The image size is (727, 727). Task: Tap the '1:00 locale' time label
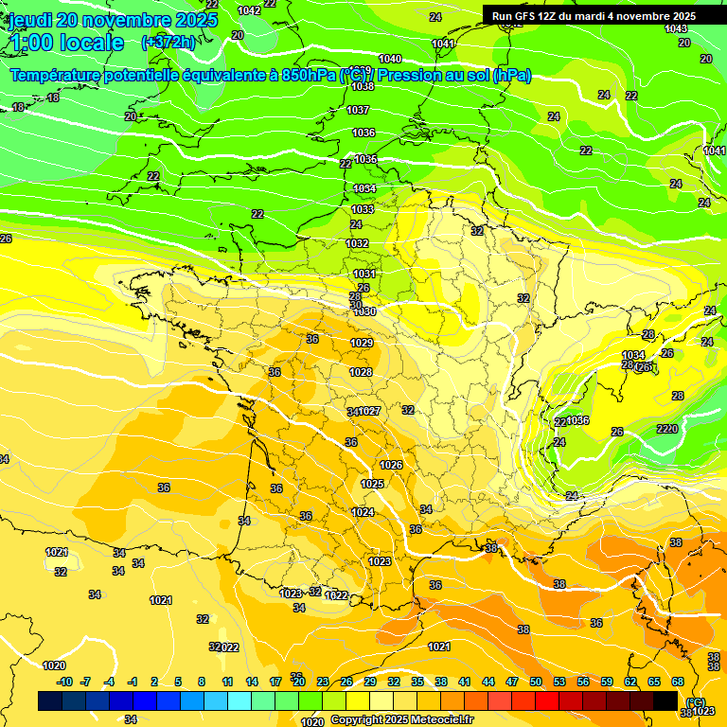[x=67, y=43]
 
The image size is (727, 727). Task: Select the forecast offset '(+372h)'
[x=168, y=42]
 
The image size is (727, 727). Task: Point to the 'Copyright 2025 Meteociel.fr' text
[x=401, y=720]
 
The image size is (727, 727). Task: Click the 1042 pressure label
[x=249, y=10]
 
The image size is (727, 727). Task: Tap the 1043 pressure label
[x=676, y=28]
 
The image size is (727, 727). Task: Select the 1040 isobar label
[x=390, y=59]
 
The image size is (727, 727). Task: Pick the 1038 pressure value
[x=362, y=86]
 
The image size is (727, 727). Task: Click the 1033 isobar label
[x=363, y=209]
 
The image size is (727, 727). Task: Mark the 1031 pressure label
[x=364, y=274]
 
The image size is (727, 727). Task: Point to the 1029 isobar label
[x=362, y=343]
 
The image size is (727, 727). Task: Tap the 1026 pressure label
[x=391, y=465]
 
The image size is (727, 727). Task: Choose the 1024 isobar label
[x=363, y=512]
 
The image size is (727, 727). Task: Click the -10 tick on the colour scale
[x=64, y=682]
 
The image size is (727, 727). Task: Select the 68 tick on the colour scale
[x=678, y=682]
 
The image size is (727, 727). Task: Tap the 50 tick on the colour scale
[x=536, y=682]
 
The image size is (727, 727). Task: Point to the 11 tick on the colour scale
[x=227, y=682]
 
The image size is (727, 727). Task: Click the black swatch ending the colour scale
[x=665, y=700]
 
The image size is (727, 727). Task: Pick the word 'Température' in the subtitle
[x=56, y=75]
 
